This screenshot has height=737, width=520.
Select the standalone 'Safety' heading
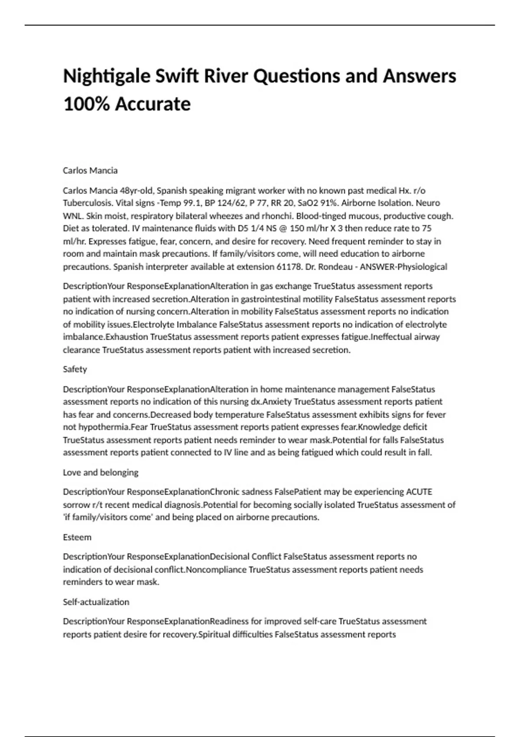coord(75,369)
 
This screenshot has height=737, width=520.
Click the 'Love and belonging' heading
coord(101,472)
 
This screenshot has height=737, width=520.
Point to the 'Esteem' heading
coord(77,537)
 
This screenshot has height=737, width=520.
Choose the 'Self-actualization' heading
coord(96,602)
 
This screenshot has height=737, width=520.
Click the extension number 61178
coord(289,267)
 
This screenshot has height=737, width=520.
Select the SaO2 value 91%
coord(328,203)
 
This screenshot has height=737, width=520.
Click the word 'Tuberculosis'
coord(87,203)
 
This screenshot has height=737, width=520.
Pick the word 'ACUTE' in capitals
coord(419,492)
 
